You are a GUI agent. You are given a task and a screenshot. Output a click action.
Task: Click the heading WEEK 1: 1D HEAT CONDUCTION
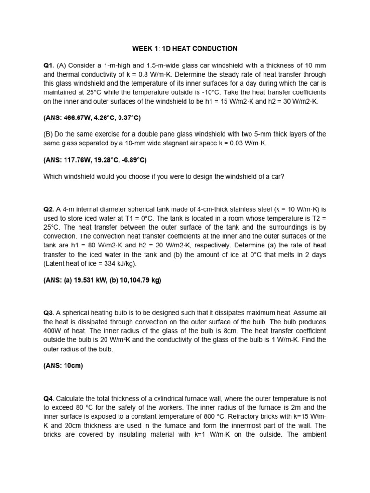tap(185, 48)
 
